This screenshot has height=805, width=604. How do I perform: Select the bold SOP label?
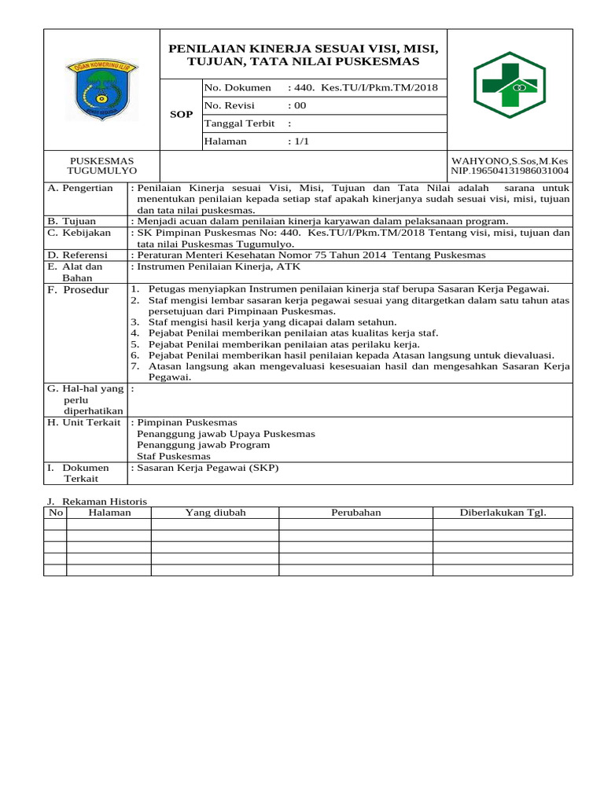pos(181,115)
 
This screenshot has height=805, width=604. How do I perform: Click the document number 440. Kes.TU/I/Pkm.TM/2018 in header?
pos(363,88)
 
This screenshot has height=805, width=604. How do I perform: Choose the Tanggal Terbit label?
pos(239,123)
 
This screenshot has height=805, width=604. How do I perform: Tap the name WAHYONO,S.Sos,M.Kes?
pos(510,160)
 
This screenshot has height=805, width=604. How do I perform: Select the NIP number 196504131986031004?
pos(510,171)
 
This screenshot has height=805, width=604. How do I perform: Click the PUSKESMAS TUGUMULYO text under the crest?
pos(101,165)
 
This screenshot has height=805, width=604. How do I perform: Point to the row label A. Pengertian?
pos(80,189)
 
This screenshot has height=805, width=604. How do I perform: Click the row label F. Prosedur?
pos(78,290)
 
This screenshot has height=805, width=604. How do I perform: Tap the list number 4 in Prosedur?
pos(134,333)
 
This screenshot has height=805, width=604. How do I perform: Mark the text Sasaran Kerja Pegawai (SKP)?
pos(208,468)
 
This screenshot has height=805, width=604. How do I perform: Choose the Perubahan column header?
pos(355,513)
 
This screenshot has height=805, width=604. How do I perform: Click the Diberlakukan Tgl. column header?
pos(503,513)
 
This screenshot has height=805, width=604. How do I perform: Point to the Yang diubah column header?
pos(215,513)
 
